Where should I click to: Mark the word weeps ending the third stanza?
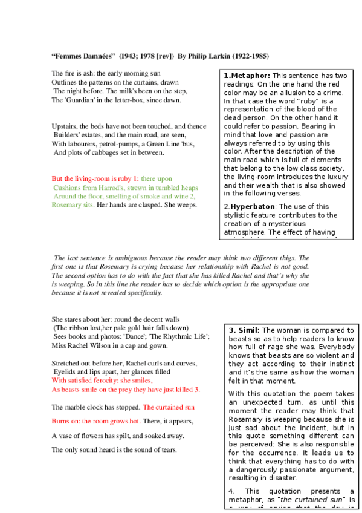coord(186,205)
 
